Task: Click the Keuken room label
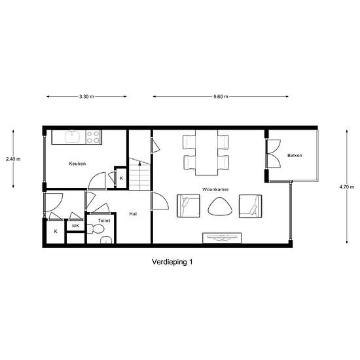77,164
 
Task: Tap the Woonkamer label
215,189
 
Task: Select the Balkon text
295,155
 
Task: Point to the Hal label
133,214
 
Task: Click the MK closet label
75,226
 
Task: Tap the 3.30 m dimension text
86,97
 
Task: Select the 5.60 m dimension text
221,97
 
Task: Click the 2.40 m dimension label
13,159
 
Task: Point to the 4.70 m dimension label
347,187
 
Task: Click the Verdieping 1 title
172,262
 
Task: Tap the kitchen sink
72,137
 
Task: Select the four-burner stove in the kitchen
94,137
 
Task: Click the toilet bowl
96,229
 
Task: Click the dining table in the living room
206,153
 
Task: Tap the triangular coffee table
220,206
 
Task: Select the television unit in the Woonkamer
222,238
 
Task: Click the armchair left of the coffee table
189,206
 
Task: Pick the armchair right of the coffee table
251,206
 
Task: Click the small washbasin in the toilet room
106,240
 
